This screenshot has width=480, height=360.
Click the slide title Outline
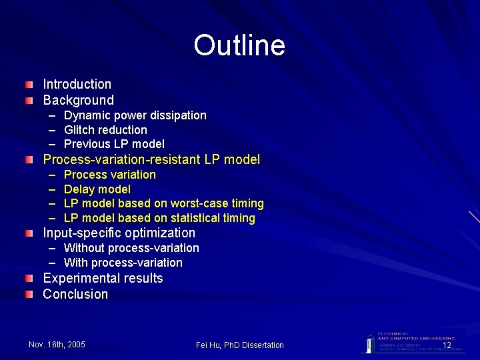[239, 45]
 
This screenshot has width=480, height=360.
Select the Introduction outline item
[77, 85]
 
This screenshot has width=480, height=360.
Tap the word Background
[79, 101]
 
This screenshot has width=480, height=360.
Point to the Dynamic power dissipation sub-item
[135, 115]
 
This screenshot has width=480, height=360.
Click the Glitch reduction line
[105, 130]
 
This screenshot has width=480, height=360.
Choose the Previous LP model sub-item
[114, 144]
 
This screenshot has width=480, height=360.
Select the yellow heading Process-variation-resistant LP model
[151, 160]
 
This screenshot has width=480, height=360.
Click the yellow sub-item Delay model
[97, 189]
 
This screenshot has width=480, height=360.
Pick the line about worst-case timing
[164, 203]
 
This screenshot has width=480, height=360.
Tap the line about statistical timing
[159, 218]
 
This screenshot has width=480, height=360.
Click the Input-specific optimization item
[119, 233]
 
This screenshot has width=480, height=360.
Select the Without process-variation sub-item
[131, 248]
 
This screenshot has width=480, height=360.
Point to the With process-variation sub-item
[123, 263]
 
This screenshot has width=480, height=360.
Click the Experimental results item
[103, 278]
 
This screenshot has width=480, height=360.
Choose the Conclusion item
[75, 294]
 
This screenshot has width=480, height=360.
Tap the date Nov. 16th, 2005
[57, 344]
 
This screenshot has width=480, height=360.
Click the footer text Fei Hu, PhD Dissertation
[240, 345]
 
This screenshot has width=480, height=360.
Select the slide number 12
[447, 345]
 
